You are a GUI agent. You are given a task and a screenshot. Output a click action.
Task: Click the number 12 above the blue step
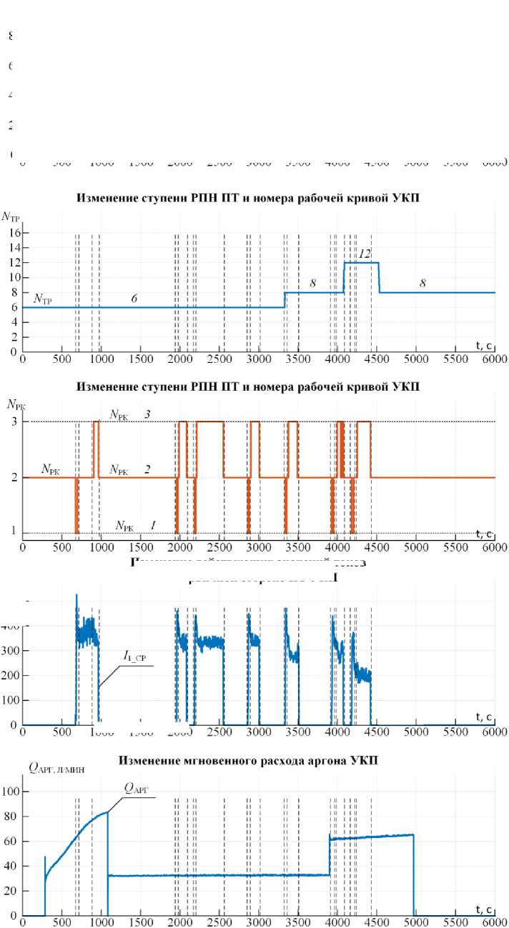(365, 254)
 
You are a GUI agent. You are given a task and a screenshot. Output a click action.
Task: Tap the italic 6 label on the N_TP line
(134, 299)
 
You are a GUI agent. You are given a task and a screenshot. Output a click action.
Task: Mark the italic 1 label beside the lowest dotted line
(152, 525)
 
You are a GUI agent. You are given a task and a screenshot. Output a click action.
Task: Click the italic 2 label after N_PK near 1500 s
(147, 469)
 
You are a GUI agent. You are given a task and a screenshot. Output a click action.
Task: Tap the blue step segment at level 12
(362, 263)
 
